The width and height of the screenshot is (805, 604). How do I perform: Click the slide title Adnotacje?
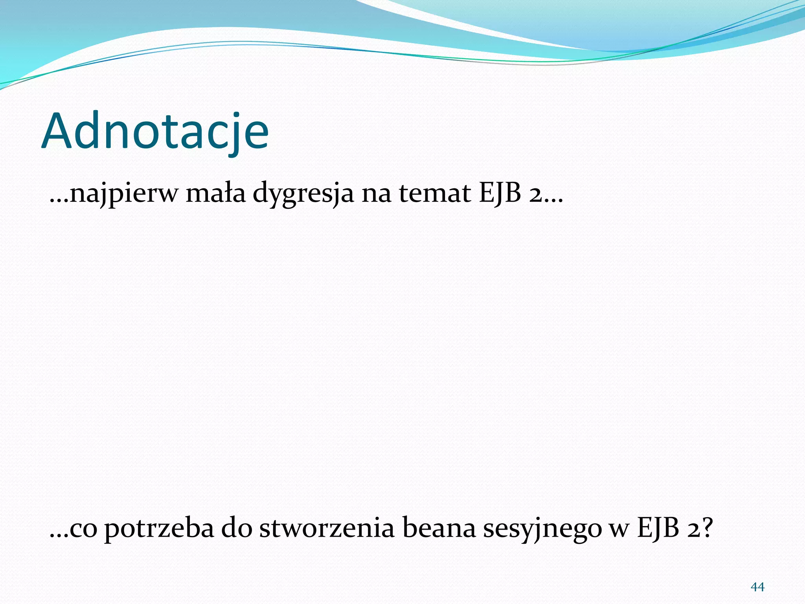click(155, 132)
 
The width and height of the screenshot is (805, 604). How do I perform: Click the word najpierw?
click(123, 194)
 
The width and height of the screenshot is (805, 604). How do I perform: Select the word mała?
click(215, 193)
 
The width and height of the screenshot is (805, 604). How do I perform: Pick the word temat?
click(435, 193)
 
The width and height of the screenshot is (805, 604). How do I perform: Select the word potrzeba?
click(159, 529)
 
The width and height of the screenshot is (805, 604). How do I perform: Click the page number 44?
click(757, 587)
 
